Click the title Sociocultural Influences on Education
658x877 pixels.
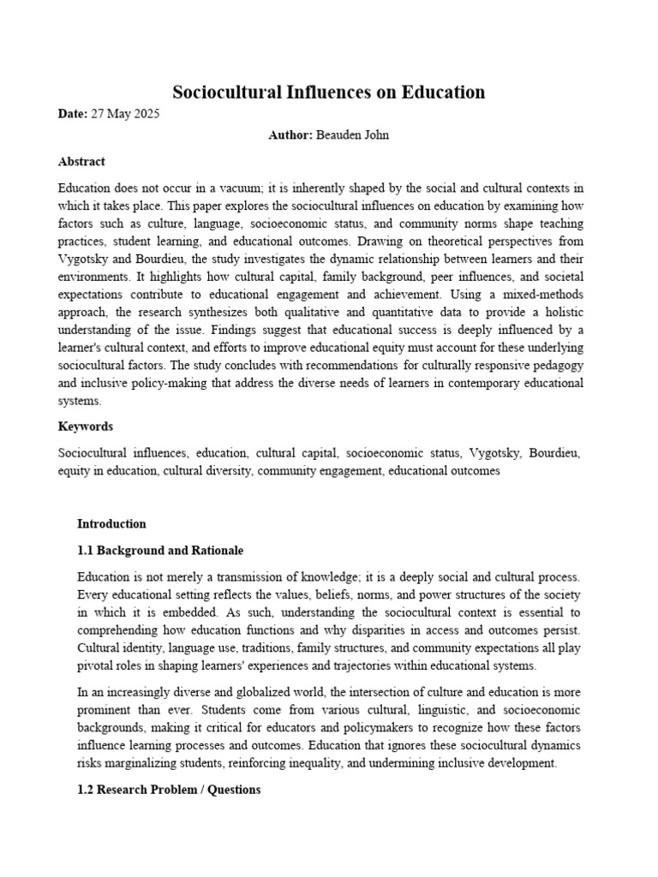tap(329, 92)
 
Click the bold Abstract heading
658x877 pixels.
tap(81, 161)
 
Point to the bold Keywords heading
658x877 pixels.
tap(85, 427)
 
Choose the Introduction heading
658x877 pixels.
tap(111, 524)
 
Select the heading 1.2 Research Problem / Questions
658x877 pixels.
tap(169, 790)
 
